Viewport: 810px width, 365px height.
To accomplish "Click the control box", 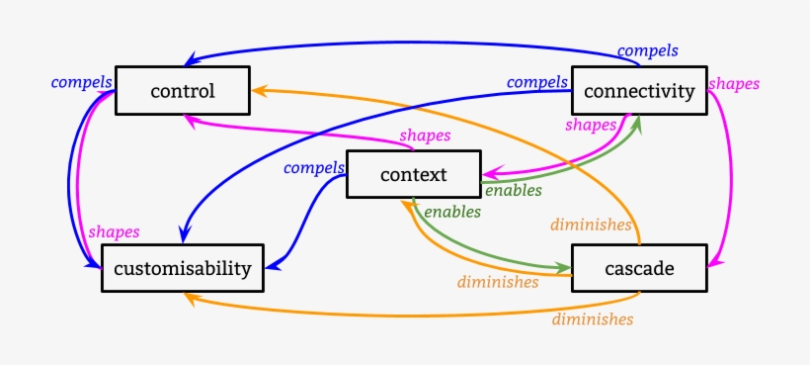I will coord(182,92).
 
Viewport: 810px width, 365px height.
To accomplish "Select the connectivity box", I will coord(639,92).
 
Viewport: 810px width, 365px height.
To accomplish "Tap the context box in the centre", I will coord(413,175).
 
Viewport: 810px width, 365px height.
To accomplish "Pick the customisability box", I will coord(183,267).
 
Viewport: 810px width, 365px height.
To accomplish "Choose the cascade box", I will coord(639,268).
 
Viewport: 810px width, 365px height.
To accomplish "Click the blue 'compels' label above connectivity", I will coord(647,49).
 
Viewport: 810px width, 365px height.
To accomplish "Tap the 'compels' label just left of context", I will coord(314,167).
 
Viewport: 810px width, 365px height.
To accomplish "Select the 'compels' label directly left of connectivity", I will coord(536,82).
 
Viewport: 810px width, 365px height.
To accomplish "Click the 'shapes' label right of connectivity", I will coord(734,84).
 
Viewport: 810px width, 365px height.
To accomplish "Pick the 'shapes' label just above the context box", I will coord(425,135).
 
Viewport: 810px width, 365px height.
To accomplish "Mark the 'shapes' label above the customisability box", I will coord(114,230).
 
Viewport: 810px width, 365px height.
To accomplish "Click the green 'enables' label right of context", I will coord(513,190).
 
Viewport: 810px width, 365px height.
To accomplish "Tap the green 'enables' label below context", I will coord(452,211).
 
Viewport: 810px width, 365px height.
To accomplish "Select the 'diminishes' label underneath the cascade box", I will coord(592,319).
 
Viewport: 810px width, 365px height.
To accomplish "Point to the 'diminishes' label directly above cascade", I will coord(591,225).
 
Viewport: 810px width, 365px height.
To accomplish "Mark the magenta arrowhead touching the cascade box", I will coord(714,263).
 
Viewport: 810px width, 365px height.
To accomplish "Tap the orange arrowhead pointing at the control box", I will coord(255,90).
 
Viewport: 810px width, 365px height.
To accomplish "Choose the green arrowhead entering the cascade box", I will coord(565,268).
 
